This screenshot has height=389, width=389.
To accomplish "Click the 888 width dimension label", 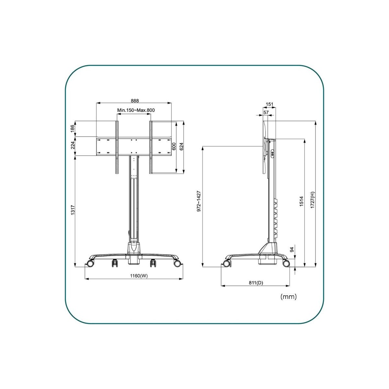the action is (x=135, y=100).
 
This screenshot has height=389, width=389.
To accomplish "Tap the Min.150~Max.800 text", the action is (x=136, y=110).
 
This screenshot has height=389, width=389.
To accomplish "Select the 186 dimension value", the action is (x=73, y=129).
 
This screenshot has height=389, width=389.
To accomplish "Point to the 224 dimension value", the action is (x=73, y=145).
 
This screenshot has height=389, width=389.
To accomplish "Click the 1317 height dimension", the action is (x=73, y=210).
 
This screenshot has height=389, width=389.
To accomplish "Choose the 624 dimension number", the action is (x=181, y=147).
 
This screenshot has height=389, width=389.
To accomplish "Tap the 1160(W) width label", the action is (x=139, y=276).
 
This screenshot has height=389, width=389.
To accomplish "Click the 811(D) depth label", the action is (x=256, y=283).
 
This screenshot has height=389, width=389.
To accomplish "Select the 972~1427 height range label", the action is (x=199, y=201).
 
